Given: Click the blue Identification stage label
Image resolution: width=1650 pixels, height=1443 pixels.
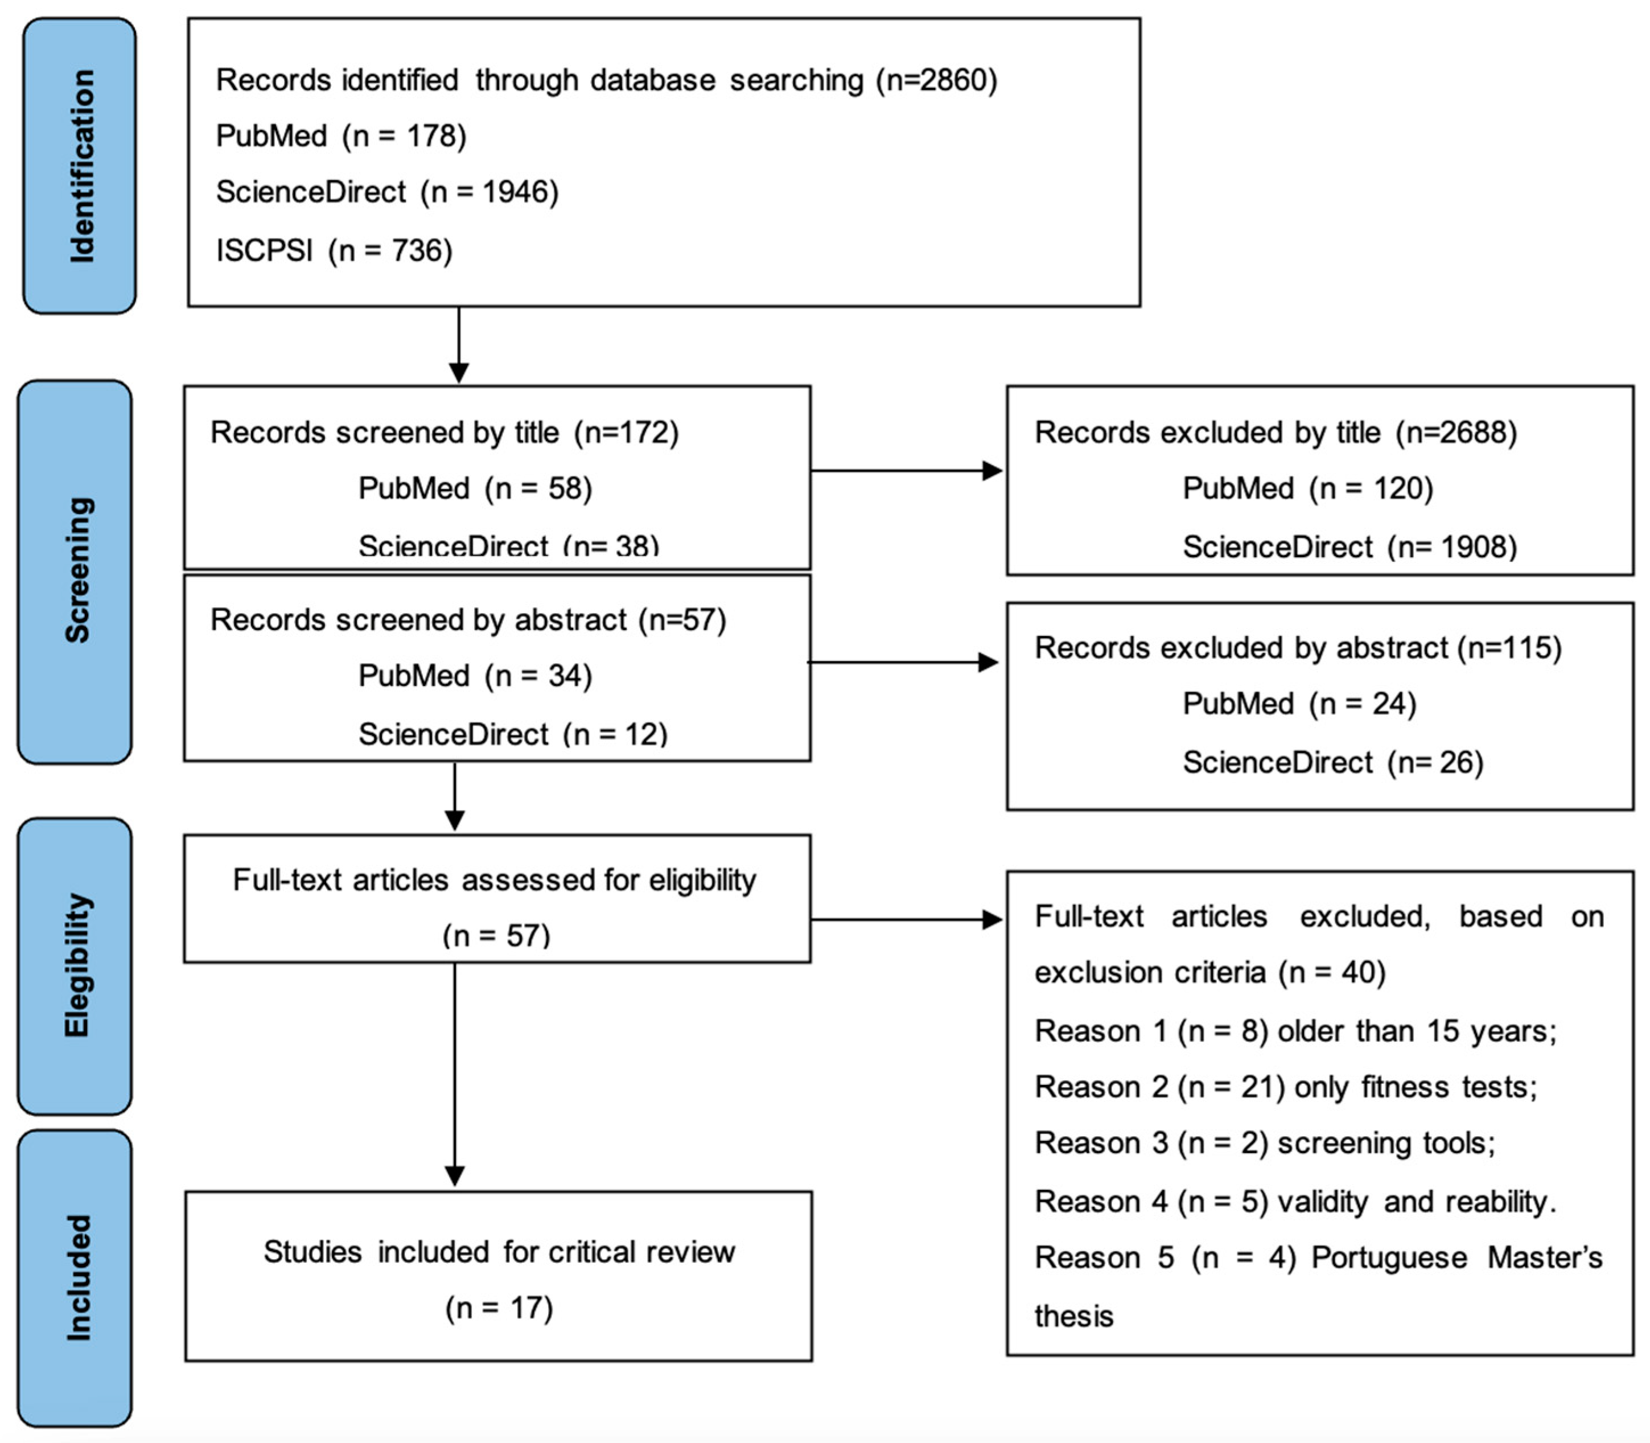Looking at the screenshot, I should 80,166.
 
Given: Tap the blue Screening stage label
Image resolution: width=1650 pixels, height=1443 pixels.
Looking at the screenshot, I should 76,571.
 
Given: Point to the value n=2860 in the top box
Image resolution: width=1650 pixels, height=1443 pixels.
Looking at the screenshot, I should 936,80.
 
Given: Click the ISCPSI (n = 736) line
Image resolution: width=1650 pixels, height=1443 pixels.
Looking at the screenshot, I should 334,250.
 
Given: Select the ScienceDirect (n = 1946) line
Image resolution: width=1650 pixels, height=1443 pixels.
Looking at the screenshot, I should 386,192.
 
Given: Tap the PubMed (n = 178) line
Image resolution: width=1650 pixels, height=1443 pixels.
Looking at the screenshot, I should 340,136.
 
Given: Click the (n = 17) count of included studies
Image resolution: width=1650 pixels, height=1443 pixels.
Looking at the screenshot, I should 499,1308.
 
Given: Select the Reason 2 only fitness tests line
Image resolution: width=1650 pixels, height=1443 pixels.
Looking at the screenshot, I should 1285,1087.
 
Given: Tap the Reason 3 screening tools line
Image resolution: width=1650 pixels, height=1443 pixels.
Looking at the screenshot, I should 1264,1142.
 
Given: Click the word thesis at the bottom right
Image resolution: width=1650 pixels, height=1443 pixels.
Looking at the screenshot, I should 1073,1315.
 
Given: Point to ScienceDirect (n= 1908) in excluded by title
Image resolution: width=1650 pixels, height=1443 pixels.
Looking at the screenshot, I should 1349,547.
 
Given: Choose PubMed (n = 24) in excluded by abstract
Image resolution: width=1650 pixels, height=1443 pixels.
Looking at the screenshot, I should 1299,704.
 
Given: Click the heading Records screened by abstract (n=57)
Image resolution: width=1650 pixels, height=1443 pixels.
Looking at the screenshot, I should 468,620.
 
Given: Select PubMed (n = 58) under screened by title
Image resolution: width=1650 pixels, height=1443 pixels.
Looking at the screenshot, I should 475,488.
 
